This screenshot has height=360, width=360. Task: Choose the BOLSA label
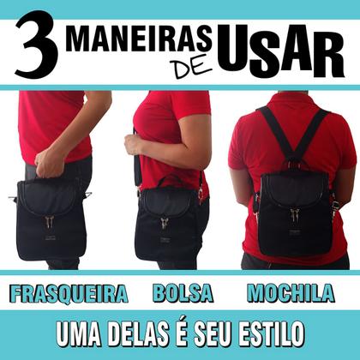click(183, 294)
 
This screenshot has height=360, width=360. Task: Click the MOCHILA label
click(290, 294)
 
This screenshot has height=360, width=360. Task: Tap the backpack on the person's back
click(294, 210)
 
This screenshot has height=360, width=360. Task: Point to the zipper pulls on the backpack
click(295, 213)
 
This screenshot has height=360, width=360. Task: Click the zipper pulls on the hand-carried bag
click(50, 221)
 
